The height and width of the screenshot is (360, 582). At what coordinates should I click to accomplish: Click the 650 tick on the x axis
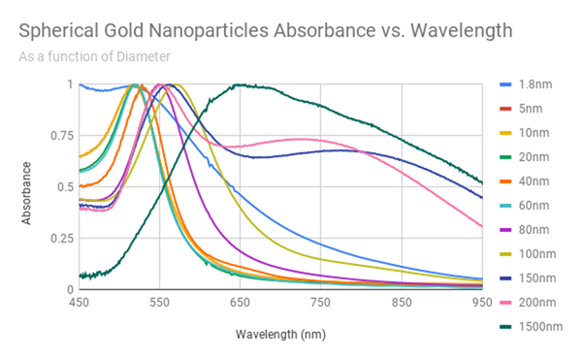pos(241,303)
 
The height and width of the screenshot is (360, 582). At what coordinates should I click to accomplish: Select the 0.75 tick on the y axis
pos(62,136)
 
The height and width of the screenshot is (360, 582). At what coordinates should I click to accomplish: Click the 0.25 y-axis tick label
pos(62,239)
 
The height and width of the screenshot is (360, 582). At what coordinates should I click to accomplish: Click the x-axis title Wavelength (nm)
pos(280,334)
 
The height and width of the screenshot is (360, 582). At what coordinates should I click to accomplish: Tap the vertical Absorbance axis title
pos(28,186)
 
